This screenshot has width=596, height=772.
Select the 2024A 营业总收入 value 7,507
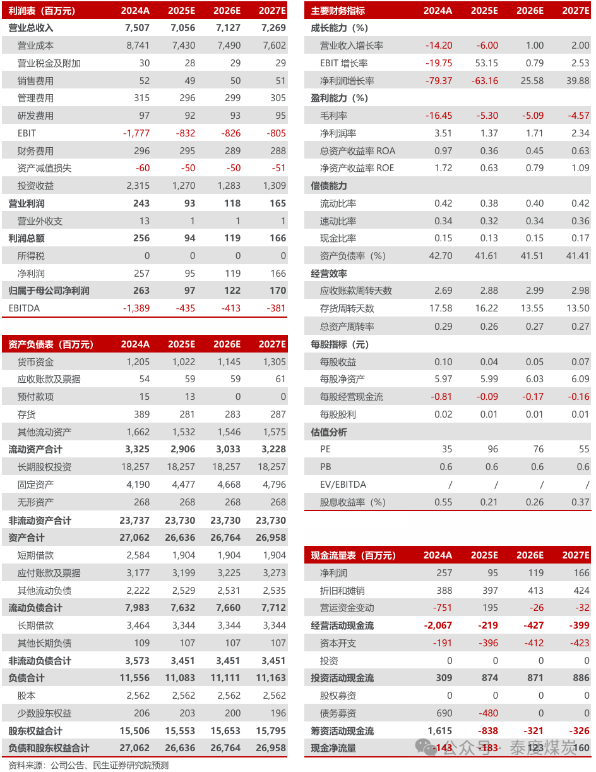pyautogui.click(x=138, y=28)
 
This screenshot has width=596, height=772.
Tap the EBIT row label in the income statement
pyautogui.click(x=27, y=133)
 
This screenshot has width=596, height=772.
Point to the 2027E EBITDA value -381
pyautogui.click(x=273, y=308)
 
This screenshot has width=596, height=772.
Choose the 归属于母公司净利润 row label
pyautogui.click(x=49, y=291)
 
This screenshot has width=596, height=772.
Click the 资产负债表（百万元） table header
pyautogui.click(x=51, y=344)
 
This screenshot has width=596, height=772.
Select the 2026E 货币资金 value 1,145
pyautogui.click(x=228, y=362)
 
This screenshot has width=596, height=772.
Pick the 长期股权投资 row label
pyautogui.click(x=44, y=467)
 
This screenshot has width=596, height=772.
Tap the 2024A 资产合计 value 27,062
pyautogui.click(x=134, y=538)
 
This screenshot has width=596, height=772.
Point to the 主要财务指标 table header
pyautogui.click(x=338, y=11)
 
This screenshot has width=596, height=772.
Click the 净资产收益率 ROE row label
pyautogui.click(x=357, y=168)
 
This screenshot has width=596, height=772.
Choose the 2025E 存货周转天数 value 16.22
pyautogui.click(x=486, y=308)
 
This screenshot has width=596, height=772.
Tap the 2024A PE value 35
pyautogui.click(x=447, y=449)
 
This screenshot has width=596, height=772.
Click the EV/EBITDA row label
pyautogui.click(x=342, y=485)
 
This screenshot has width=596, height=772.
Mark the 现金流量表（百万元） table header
pyautogui.click(x=353, y=555)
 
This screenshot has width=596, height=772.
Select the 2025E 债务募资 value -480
pyautogui.click(x=485, y=713)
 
